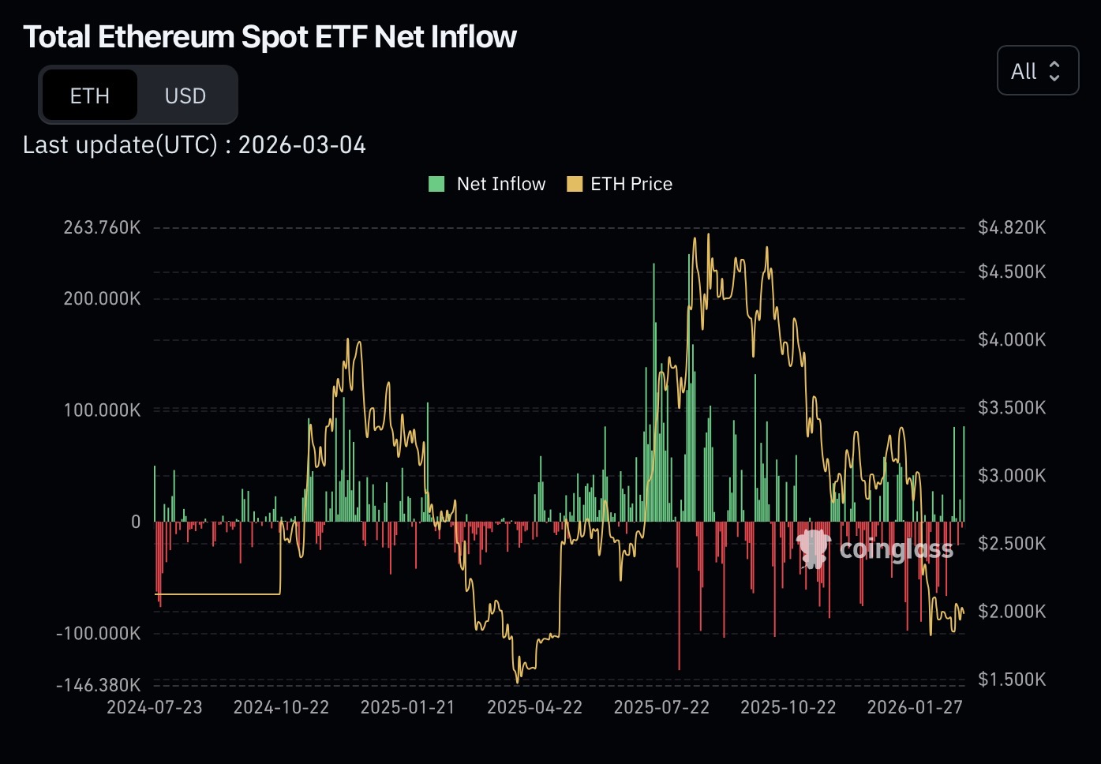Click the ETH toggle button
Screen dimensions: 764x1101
click(89, 95)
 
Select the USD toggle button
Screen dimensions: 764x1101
click(185, 95)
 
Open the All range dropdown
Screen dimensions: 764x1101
click(1037, 71)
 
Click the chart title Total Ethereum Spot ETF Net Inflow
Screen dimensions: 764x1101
click(269, 36)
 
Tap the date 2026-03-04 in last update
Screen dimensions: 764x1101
click(301, 145)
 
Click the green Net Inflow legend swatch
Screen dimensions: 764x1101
click(436, 184)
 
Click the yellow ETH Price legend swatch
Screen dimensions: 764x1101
click(575, 184)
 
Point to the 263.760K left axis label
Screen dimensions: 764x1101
click(102, 227)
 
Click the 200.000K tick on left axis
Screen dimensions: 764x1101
click(102, 298)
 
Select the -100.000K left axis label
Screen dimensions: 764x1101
click(99, 633)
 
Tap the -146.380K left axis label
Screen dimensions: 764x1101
click(99, 684)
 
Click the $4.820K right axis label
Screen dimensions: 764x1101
click(1011, 227)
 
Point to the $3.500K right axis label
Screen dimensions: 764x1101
click(1011, 407)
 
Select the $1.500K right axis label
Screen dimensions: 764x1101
click(1011, 679)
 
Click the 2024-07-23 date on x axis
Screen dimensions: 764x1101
click(155, 707)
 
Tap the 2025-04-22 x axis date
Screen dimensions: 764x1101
click(534, 707)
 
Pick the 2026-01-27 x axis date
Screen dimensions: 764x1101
click(915, 707)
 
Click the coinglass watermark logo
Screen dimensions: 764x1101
click(813, 549)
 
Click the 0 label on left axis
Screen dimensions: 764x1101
click(136, 522)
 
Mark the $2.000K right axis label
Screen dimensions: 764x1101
click(1011, 611)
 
